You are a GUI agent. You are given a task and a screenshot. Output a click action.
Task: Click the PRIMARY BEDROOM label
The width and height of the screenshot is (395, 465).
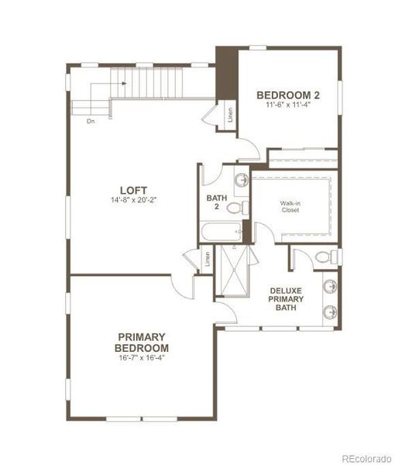coord(143,342)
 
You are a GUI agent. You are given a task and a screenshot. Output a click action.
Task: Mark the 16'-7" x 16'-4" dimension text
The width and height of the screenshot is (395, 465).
coord(143,358)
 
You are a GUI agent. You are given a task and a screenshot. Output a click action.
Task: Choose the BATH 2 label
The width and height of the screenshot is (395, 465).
coord(216,202)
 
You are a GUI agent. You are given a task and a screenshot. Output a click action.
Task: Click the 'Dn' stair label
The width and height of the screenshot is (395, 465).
coord(91,121)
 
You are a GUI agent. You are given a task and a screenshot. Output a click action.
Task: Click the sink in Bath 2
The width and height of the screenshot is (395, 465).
coord(242,180)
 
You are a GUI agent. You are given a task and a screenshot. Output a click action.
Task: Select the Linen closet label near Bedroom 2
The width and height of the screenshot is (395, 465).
coord(230,115)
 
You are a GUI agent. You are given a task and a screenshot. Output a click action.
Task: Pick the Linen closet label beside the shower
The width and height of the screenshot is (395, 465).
coord(207,260)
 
